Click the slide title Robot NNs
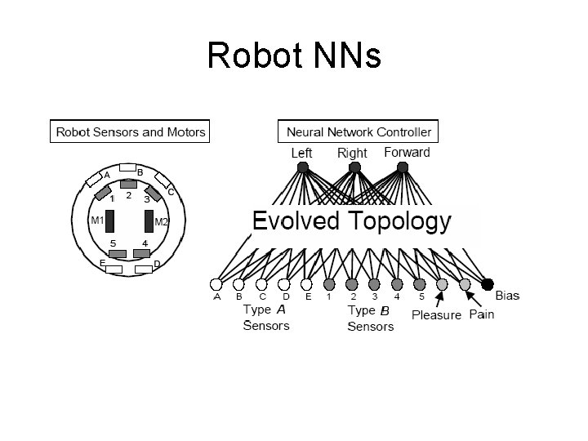coord(294,56)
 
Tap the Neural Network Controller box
coord(359,131)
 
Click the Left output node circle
coord(302,167)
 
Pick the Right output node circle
coord(353,167)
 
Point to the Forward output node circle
coord(403,167)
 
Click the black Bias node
coord(488,284)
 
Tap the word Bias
coord(507,295)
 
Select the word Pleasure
coord(436,314)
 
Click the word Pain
coord(481,314)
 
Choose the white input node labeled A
coord(216,284)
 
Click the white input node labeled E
coord(306,284)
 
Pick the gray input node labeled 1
coord(329,284)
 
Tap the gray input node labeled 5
coord(420,284)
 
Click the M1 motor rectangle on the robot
coord(108,220)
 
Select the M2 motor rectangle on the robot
coord(149,220)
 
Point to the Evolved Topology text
coord(351,221)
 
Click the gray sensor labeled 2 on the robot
coord(128,184)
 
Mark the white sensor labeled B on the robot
coord(128,168)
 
